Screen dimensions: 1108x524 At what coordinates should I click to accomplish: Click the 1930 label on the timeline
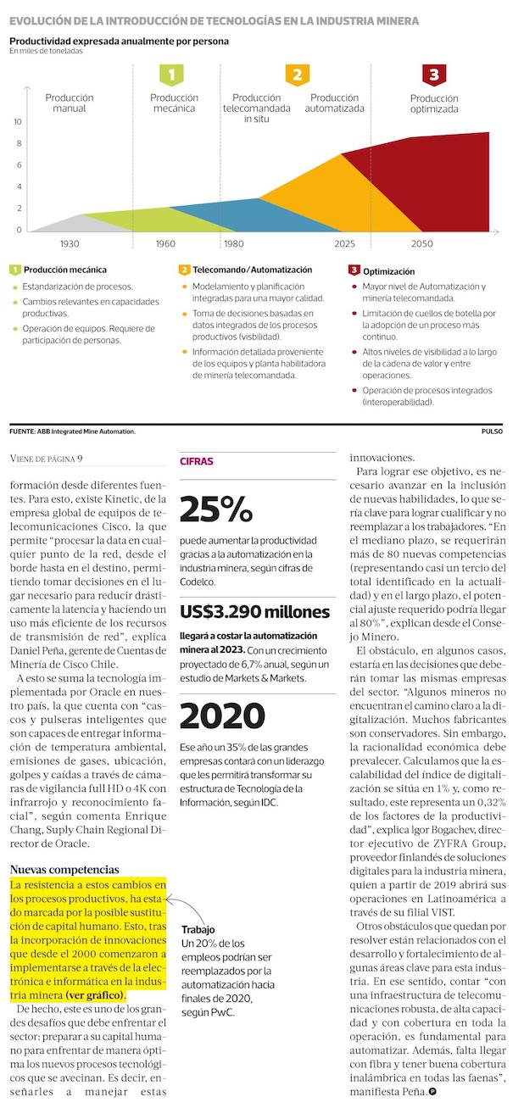tap(70, 244)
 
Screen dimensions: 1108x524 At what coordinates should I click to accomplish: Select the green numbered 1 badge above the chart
tap(171, 75)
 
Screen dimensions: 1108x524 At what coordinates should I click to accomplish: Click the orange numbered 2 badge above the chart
tap(297, 75)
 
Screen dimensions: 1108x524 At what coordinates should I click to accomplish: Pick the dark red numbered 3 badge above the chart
tap(434, 75)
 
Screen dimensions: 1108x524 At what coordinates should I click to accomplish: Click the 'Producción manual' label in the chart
tap(70, 103)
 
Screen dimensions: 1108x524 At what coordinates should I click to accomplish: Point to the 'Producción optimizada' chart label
tap(434, 103)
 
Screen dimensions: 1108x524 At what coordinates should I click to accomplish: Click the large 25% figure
tap(216, 509)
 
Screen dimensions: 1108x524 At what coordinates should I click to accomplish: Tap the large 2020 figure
tap(223, 716)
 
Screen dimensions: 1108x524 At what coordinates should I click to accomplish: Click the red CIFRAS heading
tap(197, 462)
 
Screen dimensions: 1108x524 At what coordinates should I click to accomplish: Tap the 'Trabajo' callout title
tap(198, 929)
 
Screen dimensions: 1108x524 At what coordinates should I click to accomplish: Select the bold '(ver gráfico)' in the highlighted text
tap(95, 994)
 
